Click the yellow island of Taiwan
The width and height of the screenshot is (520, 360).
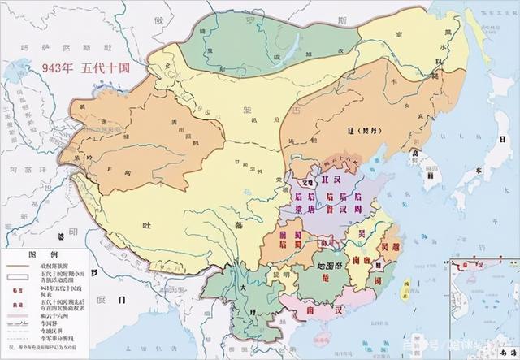[404, 301]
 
